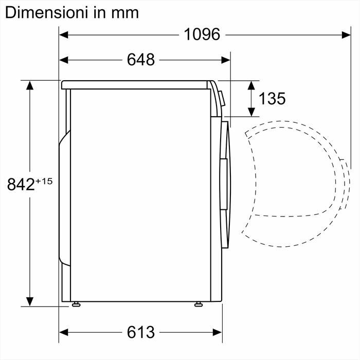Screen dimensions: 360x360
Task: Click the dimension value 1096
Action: (x=202, y=34)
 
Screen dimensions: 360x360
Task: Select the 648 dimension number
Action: (x=140, y=60)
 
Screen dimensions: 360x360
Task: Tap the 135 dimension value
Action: (x=272, y=98)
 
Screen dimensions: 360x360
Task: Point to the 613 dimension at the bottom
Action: (x=140, y=332)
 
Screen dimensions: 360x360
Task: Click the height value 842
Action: (x=21, y=184)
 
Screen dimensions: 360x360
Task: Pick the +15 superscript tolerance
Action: (x=45, y=180)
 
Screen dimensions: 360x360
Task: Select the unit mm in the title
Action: (x=125, y=12)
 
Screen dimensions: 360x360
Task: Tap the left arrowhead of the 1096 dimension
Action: (x=63, y=34)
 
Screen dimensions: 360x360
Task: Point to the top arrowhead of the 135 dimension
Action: (x=251, y=84)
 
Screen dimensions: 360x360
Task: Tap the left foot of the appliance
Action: (x=76, y=305)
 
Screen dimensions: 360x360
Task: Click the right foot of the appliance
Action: (x=199, y=305)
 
